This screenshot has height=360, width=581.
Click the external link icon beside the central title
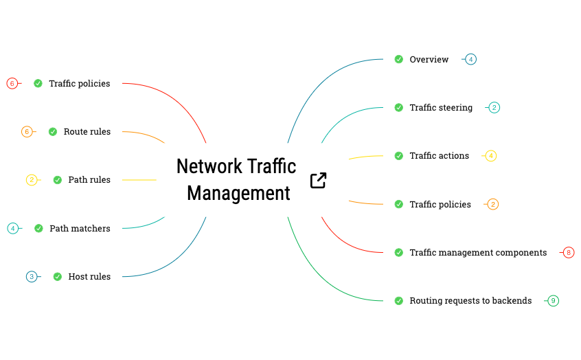tap(318, 181)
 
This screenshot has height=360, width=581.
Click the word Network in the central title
tap(209, 166)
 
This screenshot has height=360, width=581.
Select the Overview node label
tap(429, 60)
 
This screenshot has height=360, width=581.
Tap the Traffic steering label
tap(441, 108)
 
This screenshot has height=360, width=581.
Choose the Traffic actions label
tap(439, 156)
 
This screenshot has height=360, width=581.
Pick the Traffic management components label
tap(478, 253)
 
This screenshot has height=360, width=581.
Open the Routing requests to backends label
tap(470, 301)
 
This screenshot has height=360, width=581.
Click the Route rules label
tap(87, 132)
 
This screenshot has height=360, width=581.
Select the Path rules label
tap(89, 180)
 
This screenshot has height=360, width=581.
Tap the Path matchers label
tap(80, 229)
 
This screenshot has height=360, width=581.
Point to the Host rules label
tap(89, 277)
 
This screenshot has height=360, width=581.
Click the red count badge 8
tap(568, 253)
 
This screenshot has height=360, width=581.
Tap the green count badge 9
tap(553, 301)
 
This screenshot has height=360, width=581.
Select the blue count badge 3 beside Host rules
tap(32, 277)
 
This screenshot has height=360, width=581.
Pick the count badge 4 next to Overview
tap(470, 60)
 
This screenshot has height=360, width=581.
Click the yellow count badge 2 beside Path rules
tap(32, 180)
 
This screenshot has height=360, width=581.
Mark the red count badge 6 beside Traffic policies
tap(12, 84)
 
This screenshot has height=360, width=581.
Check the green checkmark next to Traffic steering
tap(399, 108)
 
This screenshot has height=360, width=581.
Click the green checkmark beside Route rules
tap(53, 132)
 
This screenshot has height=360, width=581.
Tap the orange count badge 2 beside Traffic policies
tap(492, 204)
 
